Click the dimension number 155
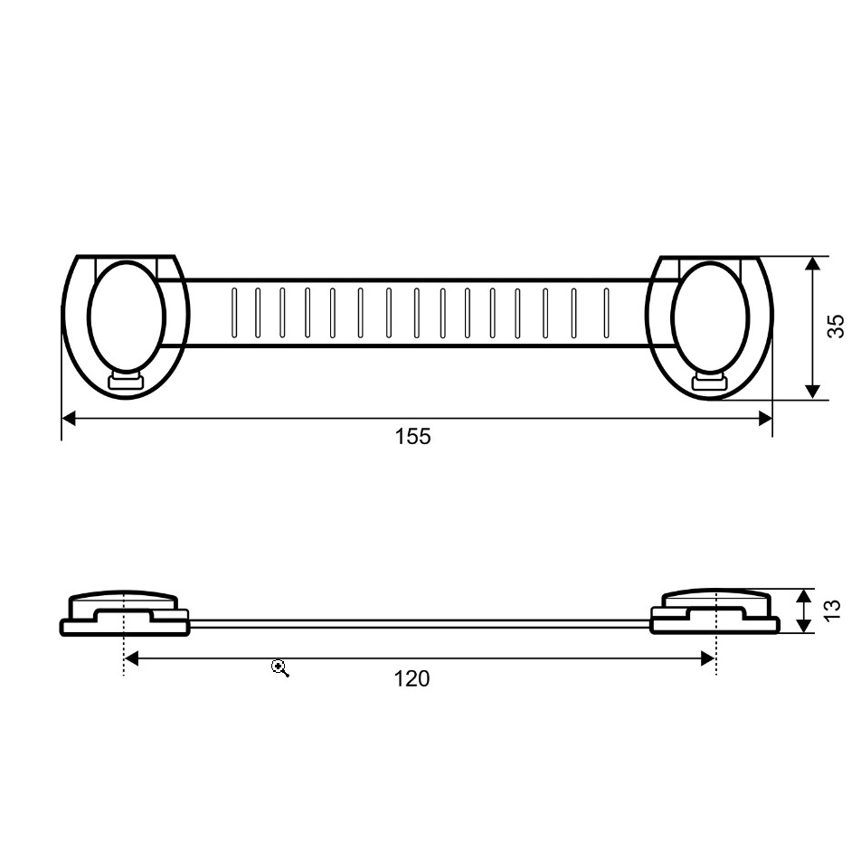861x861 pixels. coord(413,437)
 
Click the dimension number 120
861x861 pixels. coord(412,679)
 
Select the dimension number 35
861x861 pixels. coord(835,326)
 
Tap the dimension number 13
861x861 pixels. coord(832,610)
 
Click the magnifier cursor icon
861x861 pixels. coord(280,668)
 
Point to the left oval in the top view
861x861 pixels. coord(127,317)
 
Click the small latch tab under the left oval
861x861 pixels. coord(126,381)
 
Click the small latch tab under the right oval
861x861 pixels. coord(709,382)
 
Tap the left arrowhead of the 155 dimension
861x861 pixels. coord(69,419)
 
